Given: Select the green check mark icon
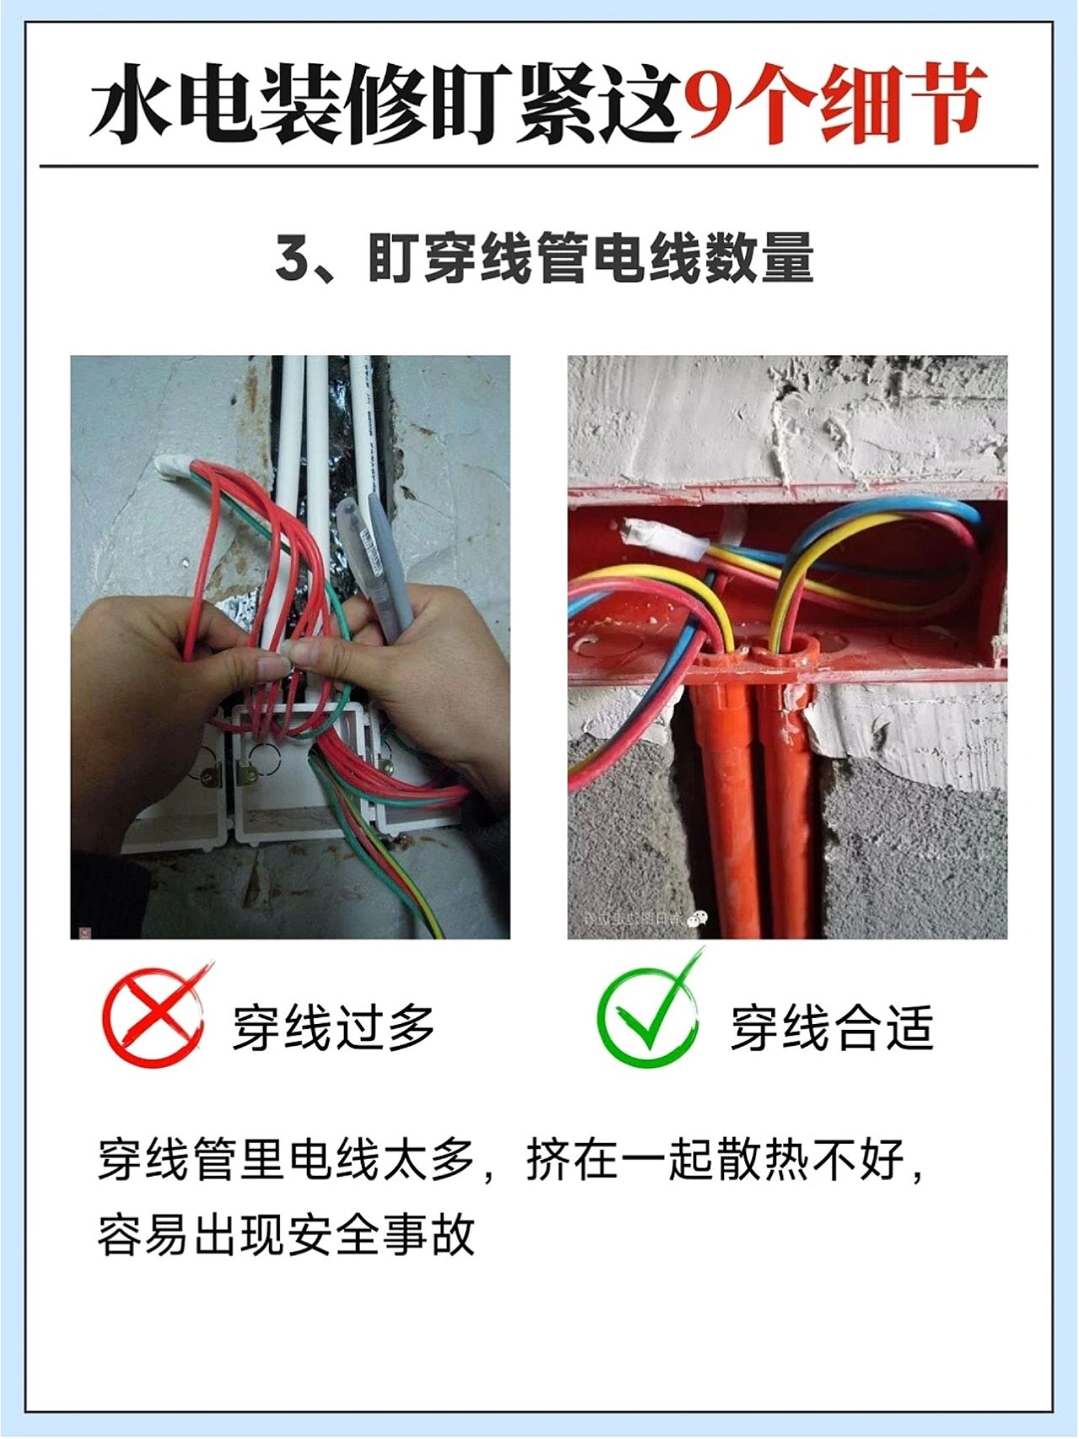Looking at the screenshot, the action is tap(650, 1010).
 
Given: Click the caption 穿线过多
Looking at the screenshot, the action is tap(334, 1027).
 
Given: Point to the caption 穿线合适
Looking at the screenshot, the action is tap(832, 1027).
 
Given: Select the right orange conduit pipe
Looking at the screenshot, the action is tap(788, 793).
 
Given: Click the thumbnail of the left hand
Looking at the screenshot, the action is tap(272, 668).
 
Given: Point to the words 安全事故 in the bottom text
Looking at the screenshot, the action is tap(382, 1236).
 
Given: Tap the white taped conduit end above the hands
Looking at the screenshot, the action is tap(174, 466).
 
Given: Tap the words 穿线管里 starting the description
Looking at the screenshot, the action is tap(191, 1161).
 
